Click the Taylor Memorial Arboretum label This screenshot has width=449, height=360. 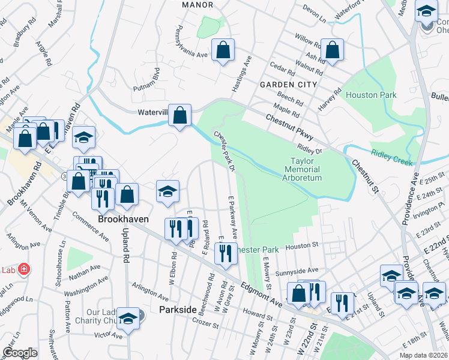click(x=306, y=170)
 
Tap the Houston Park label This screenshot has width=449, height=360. click(x=371, y=95)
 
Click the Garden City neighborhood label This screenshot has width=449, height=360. click(x=288, y=85)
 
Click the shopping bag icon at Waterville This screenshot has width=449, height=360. click(x=180, y=116)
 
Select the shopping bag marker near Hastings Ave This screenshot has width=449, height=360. click(x=223, y=52)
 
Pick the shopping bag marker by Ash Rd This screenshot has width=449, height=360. click(x=331, y=50)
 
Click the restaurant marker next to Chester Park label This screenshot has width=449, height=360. click(x=226, y=253)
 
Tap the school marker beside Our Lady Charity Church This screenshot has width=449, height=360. click(x=128, y=319)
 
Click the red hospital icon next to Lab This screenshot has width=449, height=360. click(x=24, y=269)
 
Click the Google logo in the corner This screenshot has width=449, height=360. click(x=20, y=353)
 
